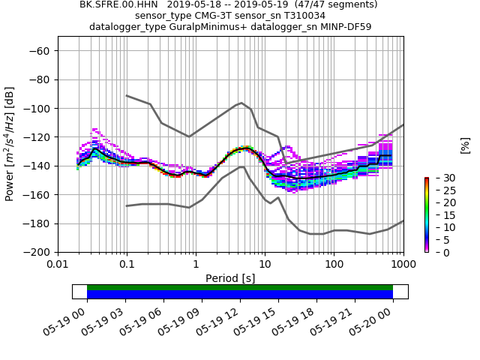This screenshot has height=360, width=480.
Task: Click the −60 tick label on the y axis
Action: click(x=39, y=51)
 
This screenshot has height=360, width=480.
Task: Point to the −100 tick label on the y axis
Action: click(x=37, y=109)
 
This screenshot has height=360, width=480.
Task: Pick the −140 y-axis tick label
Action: click(x=37, y=166)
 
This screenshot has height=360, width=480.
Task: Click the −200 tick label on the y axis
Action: click(x=37, y=253)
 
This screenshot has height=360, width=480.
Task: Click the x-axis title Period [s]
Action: click(x=230, y=278)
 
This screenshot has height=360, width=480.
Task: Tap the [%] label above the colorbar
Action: click(x=465, y=145)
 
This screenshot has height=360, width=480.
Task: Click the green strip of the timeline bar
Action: click(x=240, y=287)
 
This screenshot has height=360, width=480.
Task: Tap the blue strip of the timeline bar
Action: click(x=240, y=295)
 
